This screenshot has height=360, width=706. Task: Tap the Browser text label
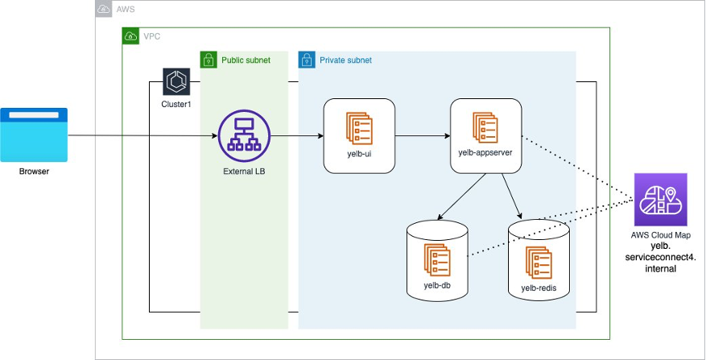(34, 171)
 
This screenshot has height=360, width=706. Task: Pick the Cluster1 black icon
(175, 81)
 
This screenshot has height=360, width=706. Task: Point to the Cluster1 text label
(175, 105)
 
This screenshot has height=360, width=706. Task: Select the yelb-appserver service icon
(485, 126)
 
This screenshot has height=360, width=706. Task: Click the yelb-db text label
(437, 285)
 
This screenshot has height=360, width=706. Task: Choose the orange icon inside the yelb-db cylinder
(437, 258)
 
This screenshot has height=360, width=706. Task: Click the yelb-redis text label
(539, 288)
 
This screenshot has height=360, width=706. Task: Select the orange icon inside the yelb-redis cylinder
(539, 262)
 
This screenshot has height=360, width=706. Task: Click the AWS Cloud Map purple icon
(660, 200)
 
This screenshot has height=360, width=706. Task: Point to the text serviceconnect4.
(660, 257)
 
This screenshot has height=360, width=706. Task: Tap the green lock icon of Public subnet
(209, 60)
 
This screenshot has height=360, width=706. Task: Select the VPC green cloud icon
(130, 36)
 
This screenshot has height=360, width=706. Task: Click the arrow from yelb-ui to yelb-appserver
(422, 135)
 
